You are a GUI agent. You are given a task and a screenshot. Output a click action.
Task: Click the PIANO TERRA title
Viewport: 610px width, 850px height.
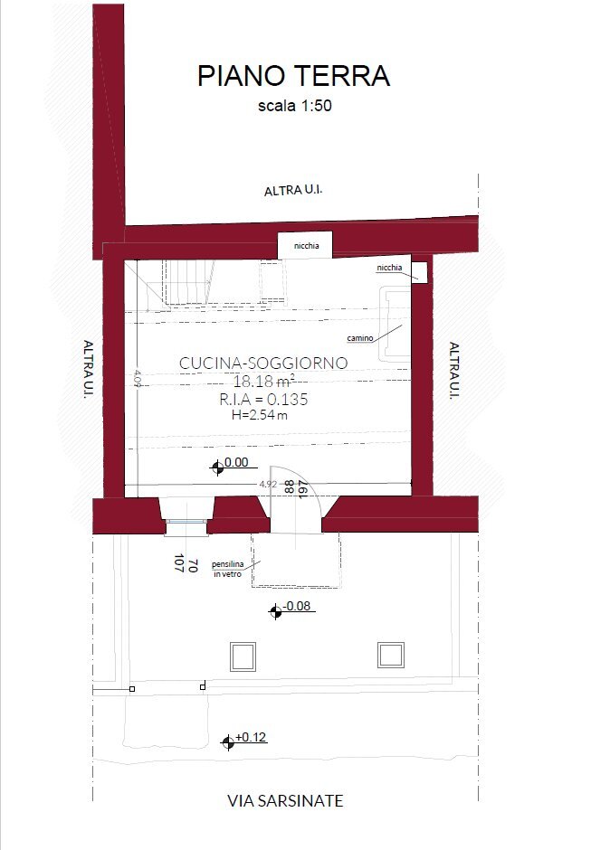(293, 76)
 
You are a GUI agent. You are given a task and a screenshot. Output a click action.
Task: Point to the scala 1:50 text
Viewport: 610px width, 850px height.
(295, 105)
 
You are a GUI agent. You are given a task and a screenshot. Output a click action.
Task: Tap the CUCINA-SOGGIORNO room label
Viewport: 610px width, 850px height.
(263, 363)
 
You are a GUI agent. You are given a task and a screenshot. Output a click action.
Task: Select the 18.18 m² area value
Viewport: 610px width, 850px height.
(264, 381)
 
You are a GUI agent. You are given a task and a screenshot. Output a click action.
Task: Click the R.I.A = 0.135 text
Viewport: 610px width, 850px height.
(263, 400)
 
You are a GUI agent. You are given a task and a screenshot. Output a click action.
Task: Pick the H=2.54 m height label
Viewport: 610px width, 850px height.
(260, 416)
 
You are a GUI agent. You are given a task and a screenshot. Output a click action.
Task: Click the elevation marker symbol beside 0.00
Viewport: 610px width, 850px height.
(217, 467)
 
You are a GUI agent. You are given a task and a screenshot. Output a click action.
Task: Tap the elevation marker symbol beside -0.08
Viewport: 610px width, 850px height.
(275, 612)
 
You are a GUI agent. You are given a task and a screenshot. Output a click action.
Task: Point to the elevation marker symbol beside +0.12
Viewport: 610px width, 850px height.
(228, 742)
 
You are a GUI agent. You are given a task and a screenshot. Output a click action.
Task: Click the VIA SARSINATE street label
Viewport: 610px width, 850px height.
(285, 800)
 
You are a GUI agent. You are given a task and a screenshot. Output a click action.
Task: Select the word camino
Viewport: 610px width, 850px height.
(360, 338)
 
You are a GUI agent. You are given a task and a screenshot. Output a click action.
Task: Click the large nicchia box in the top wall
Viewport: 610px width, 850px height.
(305, 246)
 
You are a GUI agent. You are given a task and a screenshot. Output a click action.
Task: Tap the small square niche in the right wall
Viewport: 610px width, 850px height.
(419, 272)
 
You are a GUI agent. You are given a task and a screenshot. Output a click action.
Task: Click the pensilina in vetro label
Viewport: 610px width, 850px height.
(228, 569)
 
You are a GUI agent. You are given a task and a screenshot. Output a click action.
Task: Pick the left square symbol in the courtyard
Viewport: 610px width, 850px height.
(243, 656)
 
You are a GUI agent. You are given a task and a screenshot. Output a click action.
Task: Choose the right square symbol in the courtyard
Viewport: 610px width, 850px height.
(391, 656)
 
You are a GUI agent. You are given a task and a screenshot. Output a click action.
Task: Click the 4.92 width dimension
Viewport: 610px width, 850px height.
(268, 484)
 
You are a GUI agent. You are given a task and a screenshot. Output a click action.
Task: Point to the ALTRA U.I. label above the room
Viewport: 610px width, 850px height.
(293, 190)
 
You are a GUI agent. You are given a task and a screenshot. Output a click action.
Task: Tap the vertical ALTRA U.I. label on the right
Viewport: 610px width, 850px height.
(454, 370)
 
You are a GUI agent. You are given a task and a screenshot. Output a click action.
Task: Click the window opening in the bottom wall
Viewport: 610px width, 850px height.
(186, 522)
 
